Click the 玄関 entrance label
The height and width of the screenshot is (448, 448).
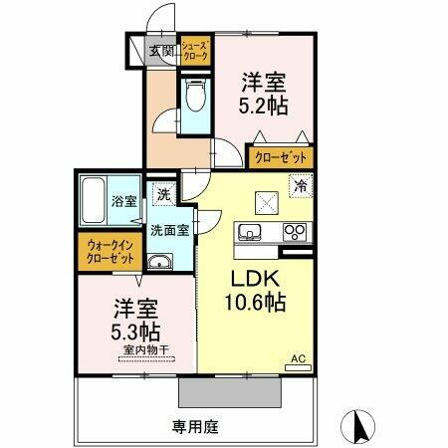(162, 51)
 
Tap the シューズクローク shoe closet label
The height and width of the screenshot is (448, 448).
(194, 52)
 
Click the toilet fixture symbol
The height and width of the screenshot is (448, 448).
(194, 100)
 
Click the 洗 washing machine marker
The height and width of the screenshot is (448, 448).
(162, 195)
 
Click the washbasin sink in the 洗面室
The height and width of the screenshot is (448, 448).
(160, 262)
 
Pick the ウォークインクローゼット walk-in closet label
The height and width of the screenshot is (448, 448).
(111, 251)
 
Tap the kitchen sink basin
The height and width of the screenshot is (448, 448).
(250, 233)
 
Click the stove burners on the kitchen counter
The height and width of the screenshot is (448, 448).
(295, 233)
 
